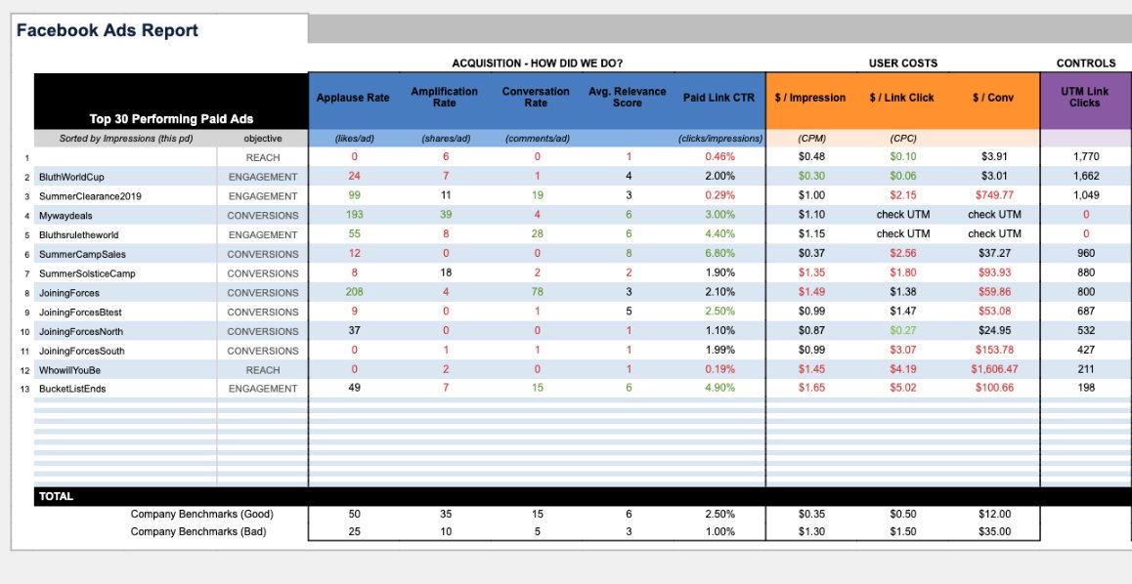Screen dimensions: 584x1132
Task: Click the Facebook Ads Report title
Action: coord(108,30)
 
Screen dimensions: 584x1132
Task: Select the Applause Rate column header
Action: coord(354,98)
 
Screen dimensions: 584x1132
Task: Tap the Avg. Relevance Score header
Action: coord(627,98)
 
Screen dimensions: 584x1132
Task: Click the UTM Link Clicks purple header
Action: coord(1084,98)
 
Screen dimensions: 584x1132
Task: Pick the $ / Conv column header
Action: coord(993,98)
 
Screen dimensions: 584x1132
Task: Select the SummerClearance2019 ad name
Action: coord(90,196)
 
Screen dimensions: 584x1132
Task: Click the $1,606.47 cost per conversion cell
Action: coord(994,370)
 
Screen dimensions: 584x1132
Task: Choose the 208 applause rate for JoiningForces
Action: coord(354,293)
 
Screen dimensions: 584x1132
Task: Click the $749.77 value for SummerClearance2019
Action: coord(994,196)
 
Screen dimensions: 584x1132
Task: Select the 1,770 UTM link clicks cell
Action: coord(1086,157)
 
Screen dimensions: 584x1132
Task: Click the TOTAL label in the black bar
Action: coord(57,496)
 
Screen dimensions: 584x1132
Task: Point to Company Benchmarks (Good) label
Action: coord(202,514)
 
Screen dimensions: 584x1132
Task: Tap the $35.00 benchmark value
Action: coord(994,532)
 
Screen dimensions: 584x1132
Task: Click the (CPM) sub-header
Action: coord(812,139)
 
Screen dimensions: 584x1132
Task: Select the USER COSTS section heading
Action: coord(902,63)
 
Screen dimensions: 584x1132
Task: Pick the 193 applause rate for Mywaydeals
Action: coord(354,216)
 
